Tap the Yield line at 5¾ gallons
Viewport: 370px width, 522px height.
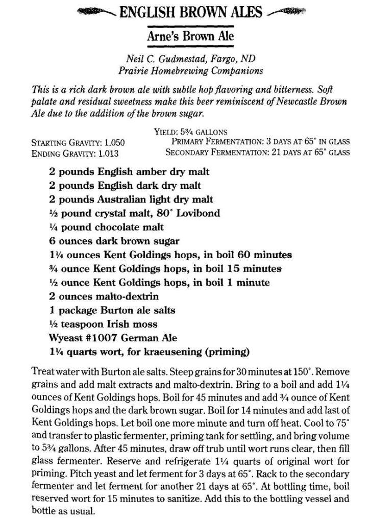point(190,133)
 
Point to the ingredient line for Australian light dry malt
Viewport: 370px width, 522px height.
point(131,200)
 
